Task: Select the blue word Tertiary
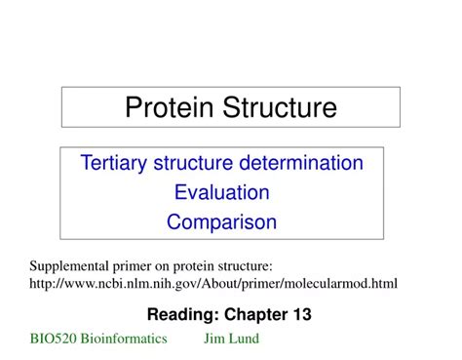point(118,162)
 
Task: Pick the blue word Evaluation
point(221,191)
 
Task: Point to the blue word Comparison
point(221,221)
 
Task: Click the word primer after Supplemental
point(137,265)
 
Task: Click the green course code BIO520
point(53,339)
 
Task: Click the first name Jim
point(214,339)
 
